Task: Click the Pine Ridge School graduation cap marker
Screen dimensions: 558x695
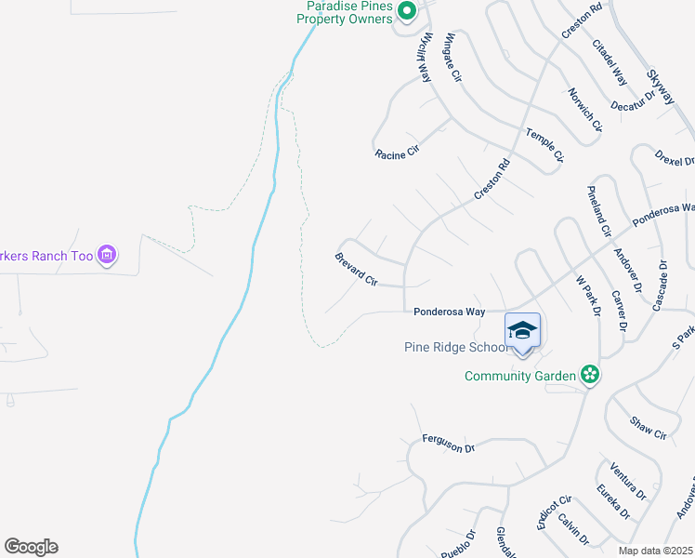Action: tap(522, 332)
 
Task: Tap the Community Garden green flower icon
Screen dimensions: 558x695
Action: tap(588, 375)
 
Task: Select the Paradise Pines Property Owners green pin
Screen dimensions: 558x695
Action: tap(406, 11)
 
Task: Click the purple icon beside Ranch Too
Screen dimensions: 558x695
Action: tap(107, 255)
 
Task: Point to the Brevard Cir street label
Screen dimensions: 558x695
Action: tap(357, 269)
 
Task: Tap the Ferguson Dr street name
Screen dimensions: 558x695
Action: tap(448, 444)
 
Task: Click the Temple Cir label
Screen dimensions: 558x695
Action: tap(544, 145)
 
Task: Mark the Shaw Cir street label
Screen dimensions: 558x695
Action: tap(648, 429)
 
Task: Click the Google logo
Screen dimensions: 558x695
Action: tap(31, 547)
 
